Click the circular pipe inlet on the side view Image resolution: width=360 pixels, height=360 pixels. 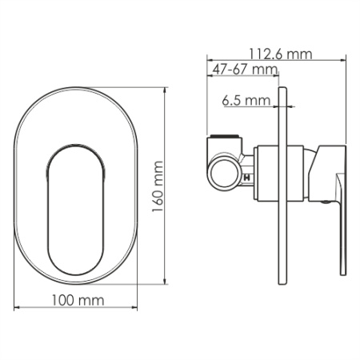click(225, 169)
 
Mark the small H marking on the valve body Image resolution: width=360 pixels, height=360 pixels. click(246, 176)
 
